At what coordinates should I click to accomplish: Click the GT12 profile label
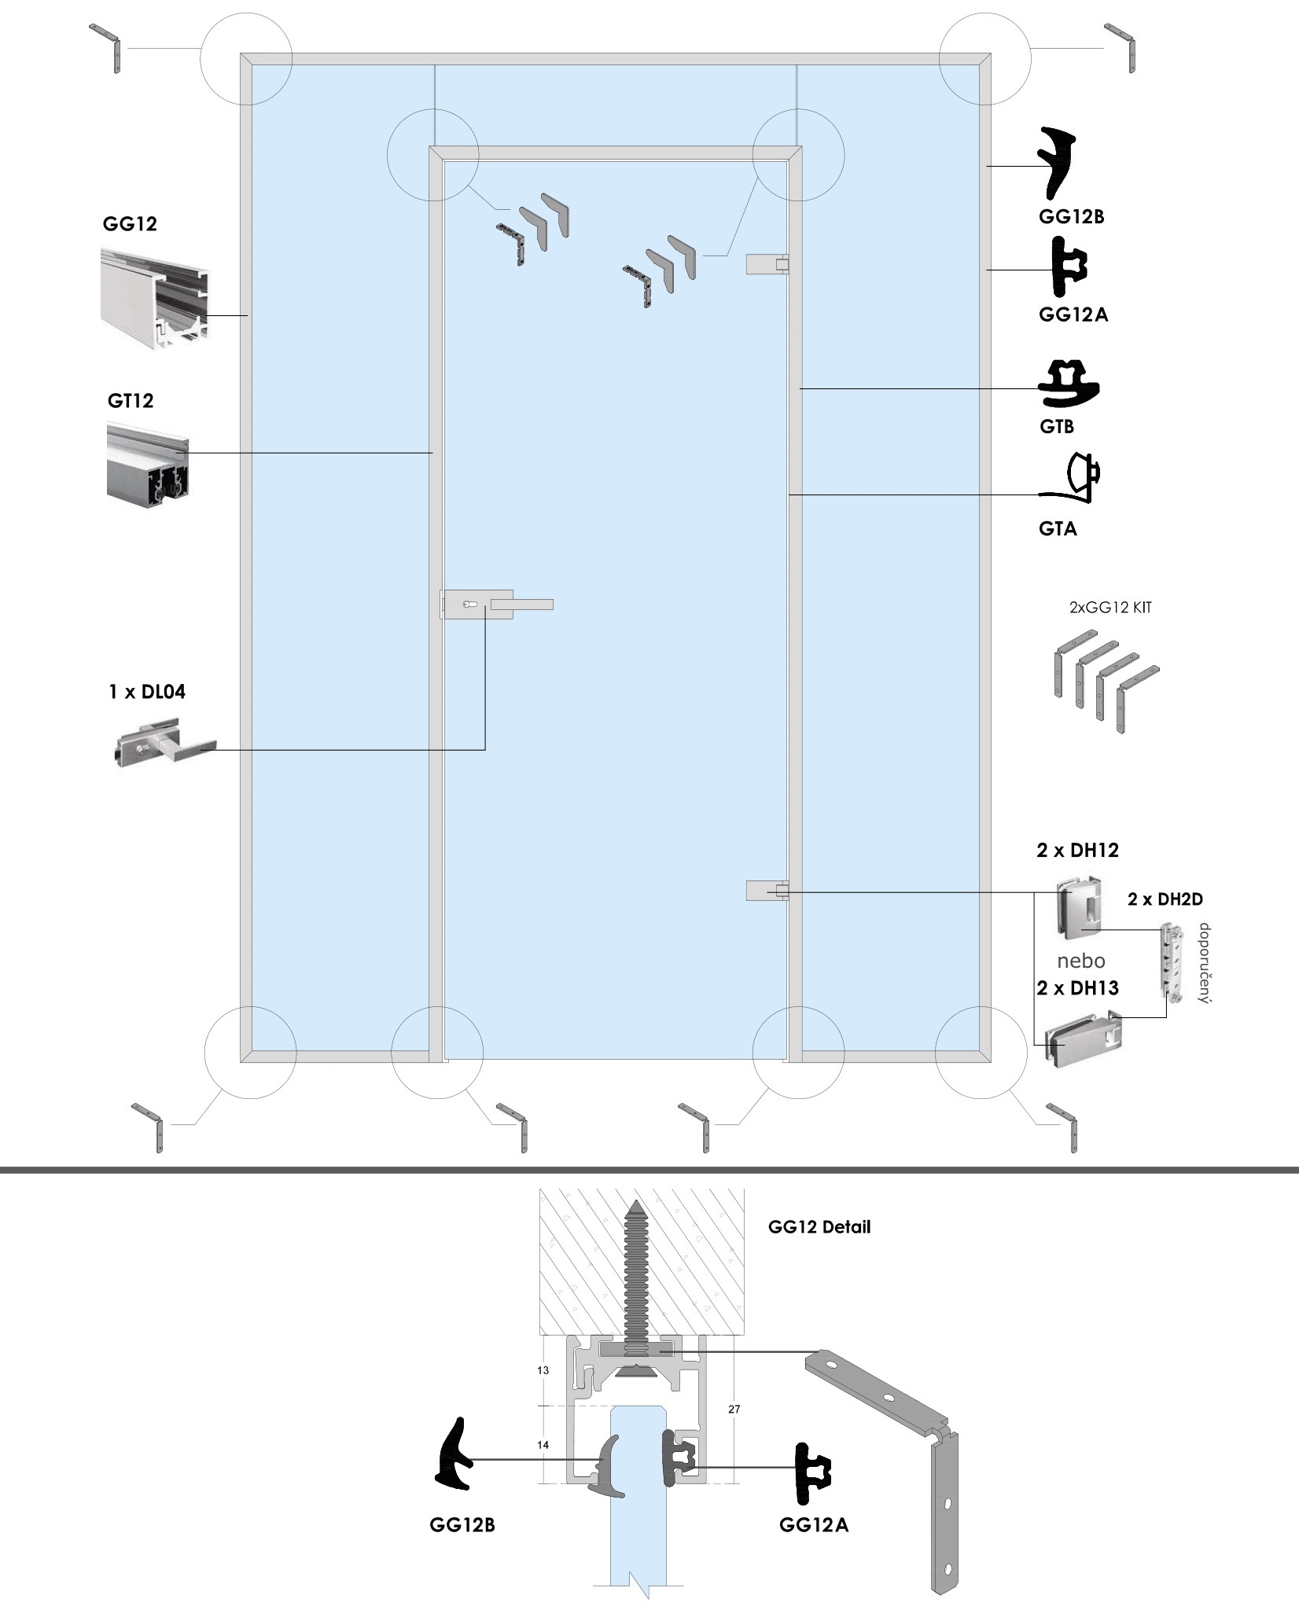[x=131, y=401]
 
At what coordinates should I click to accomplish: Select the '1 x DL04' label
[x=147, y=692]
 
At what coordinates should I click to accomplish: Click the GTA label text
[x=1058, y=529]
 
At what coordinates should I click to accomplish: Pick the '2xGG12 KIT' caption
[x=1110, y=608]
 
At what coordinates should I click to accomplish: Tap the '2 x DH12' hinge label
[x=1077, y=850]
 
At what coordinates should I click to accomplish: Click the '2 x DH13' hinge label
[x=1077, y=988]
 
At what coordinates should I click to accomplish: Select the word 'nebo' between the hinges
[x=1081, y=961]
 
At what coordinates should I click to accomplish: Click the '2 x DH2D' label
[x=1165, y=899]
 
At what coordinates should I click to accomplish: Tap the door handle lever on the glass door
[x=522, y=605]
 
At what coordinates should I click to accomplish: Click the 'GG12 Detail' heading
[x=819, y=1227]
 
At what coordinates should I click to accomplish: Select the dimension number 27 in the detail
[x=734, y=1410]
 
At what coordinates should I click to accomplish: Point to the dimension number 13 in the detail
[x=543, y=1370]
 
